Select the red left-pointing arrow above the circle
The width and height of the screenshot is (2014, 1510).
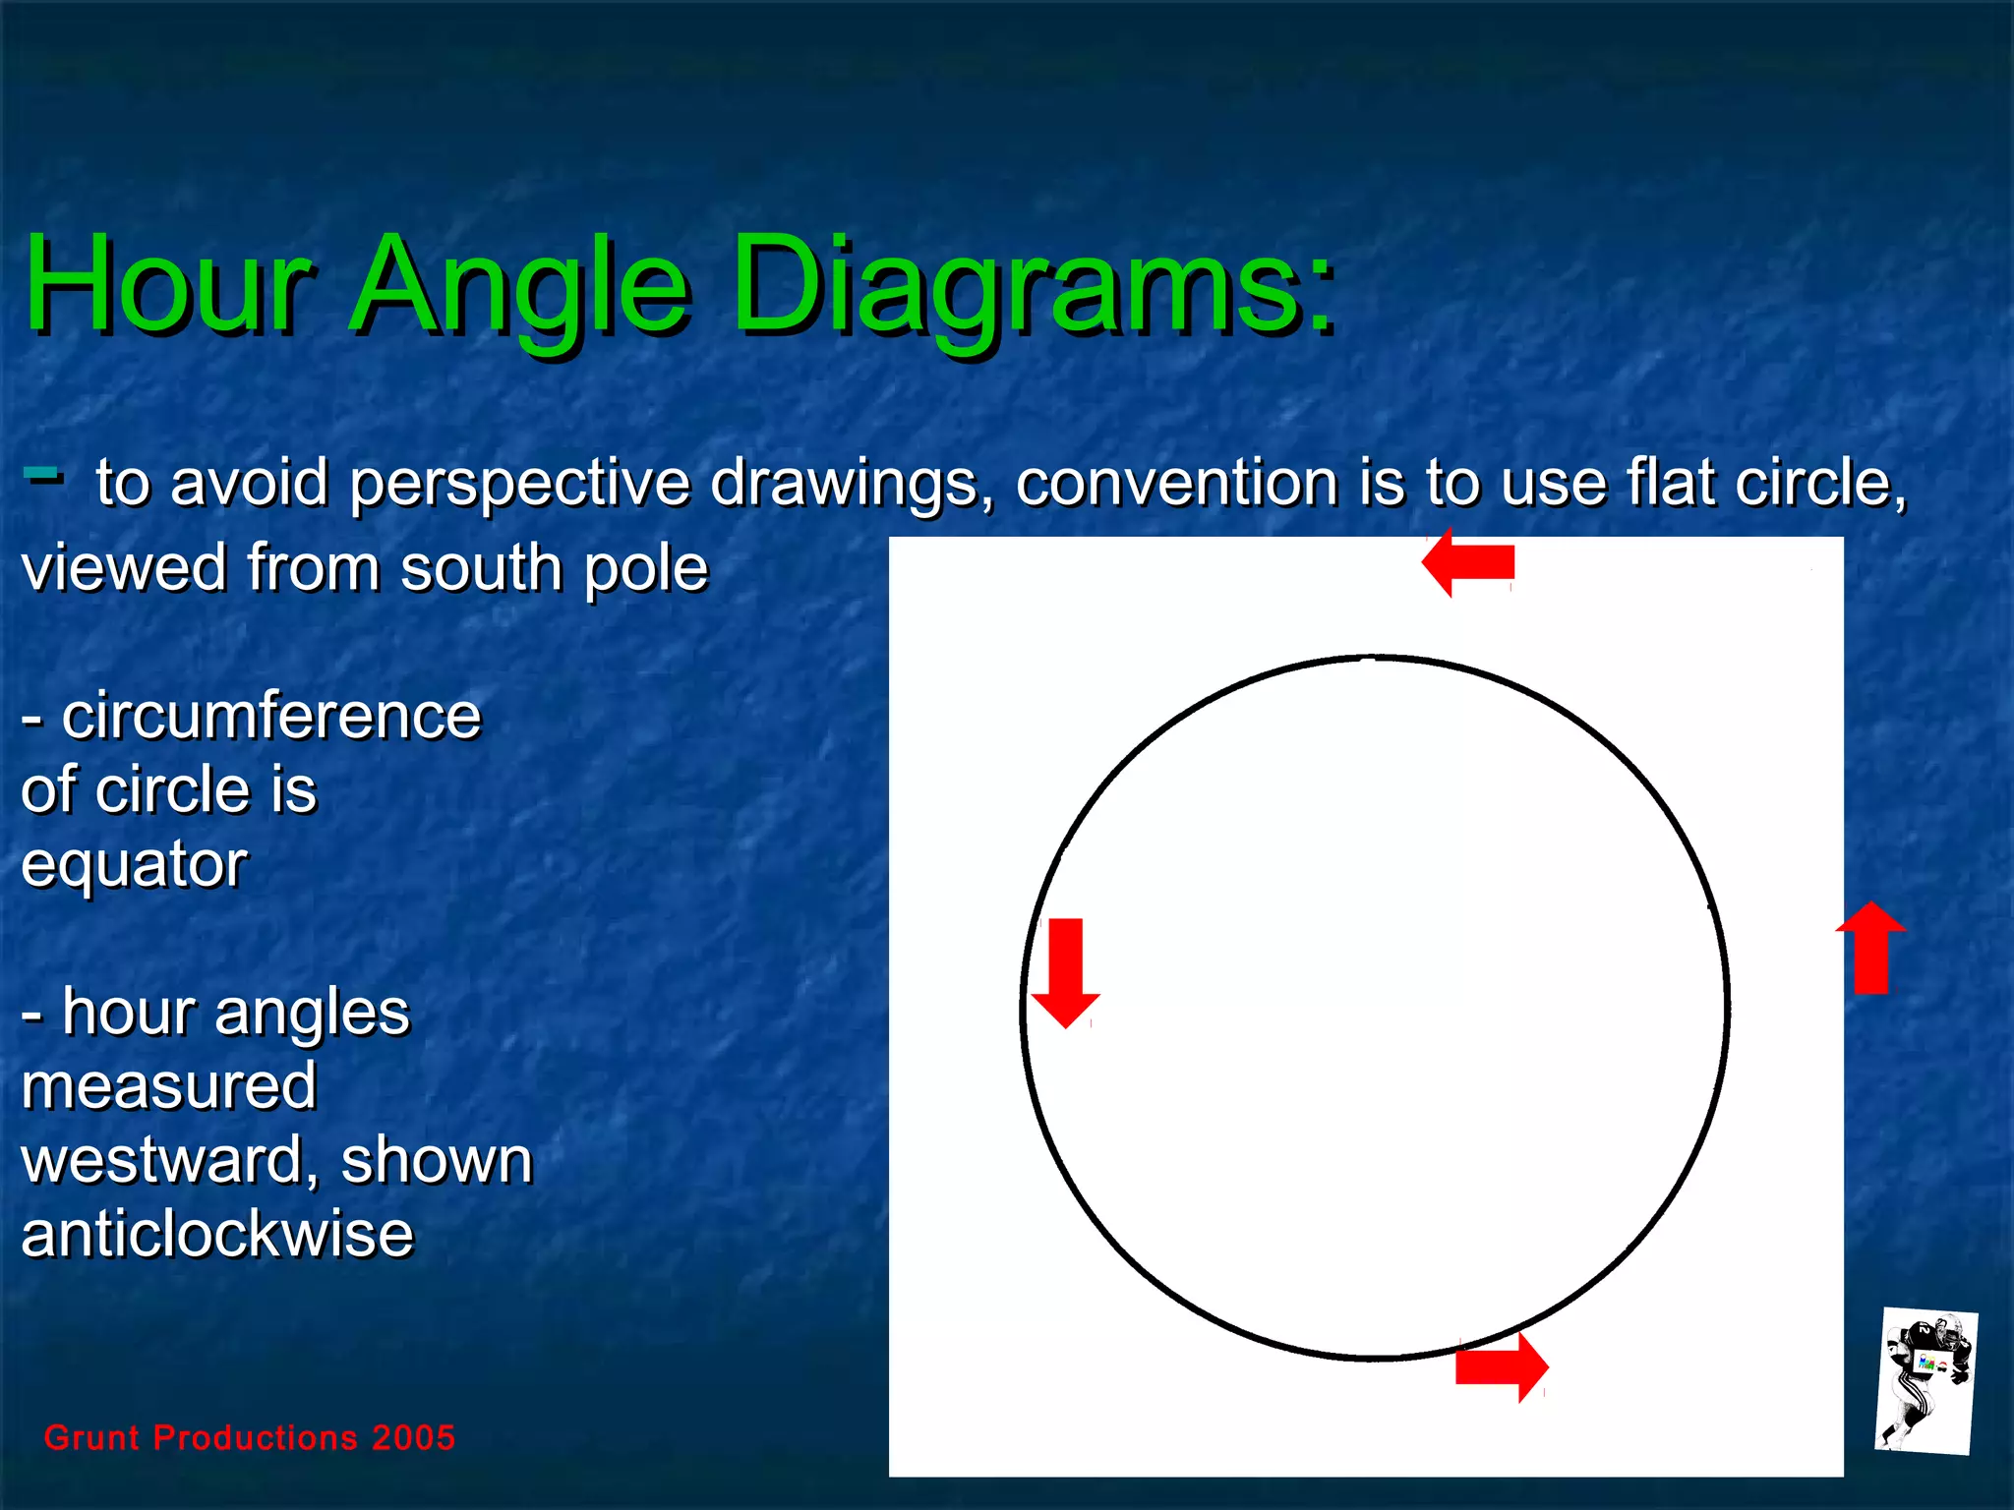click(x=1467, y=562)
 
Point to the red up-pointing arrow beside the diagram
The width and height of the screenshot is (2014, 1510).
click(x=1870, y=948)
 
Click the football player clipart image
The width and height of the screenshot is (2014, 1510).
click(x=1925, y=1382)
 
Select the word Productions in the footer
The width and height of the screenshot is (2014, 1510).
click(x=256, y=1437)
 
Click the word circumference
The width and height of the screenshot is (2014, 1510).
click(x=271, y=716)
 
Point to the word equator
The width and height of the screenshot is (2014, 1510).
click(x=135, y=865)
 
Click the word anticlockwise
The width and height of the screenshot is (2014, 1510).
click(x=217, y=1235)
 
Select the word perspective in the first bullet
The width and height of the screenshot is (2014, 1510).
click(x=520, y=484)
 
